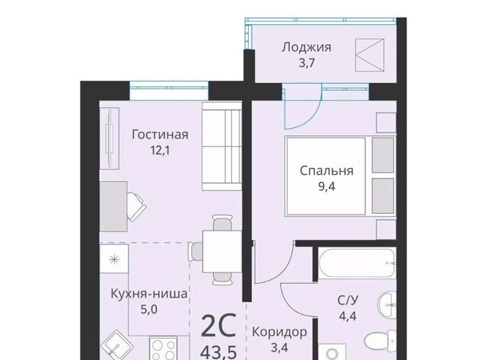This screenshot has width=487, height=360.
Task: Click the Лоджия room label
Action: pos(307,48)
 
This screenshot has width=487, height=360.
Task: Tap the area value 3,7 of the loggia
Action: pos(307,63)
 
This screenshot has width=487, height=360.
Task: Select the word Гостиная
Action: pos(160,135)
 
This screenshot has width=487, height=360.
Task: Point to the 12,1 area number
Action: pos(160,151)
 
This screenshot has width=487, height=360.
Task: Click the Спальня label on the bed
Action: pos(326,170)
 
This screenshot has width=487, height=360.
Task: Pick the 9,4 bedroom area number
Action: pos(326,186)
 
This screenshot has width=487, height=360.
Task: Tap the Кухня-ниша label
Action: pos(149,294)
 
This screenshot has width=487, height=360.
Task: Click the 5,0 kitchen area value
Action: pos(149,309)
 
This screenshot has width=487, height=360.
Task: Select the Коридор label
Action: pos(279,332)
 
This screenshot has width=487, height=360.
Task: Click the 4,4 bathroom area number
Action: pos(348,316)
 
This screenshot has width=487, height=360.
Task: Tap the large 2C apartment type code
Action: pos(218,325)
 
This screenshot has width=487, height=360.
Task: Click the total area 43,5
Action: pos(218,352)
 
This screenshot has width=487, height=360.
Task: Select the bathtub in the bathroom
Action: pos(357,263)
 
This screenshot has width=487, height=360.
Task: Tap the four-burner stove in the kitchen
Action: pos(164,348)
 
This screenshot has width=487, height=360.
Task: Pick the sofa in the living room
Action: pos(221,146)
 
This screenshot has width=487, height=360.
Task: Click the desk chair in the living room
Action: pos(136,206)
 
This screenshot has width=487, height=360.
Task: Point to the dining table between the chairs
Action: pos(222,251)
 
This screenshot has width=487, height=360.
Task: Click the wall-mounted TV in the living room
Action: pos(110,139)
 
